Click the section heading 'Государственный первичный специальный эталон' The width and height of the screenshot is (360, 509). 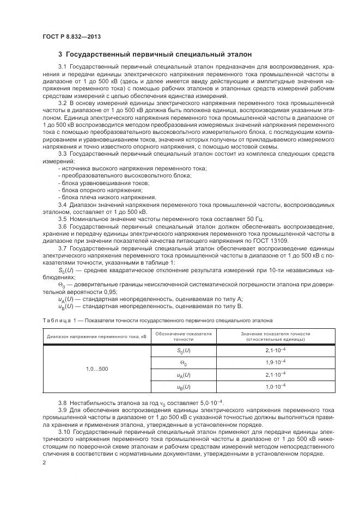point(158,54)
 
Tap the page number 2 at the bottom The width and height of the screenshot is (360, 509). point(44,462)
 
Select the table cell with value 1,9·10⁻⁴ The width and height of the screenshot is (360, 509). point(275,362)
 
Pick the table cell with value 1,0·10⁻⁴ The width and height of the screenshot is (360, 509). point(275,387)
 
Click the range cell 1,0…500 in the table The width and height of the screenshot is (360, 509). point(97,369)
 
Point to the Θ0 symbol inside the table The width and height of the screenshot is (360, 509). point(183,362)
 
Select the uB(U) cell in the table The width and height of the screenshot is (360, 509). point(183,387)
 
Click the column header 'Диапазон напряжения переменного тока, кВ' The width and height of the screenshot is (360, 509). point(97,336)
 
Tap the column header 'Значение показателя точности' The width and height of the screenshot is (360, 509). point(275,333)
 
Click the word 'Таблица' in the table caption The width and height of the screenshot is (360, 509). point(56,320)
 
